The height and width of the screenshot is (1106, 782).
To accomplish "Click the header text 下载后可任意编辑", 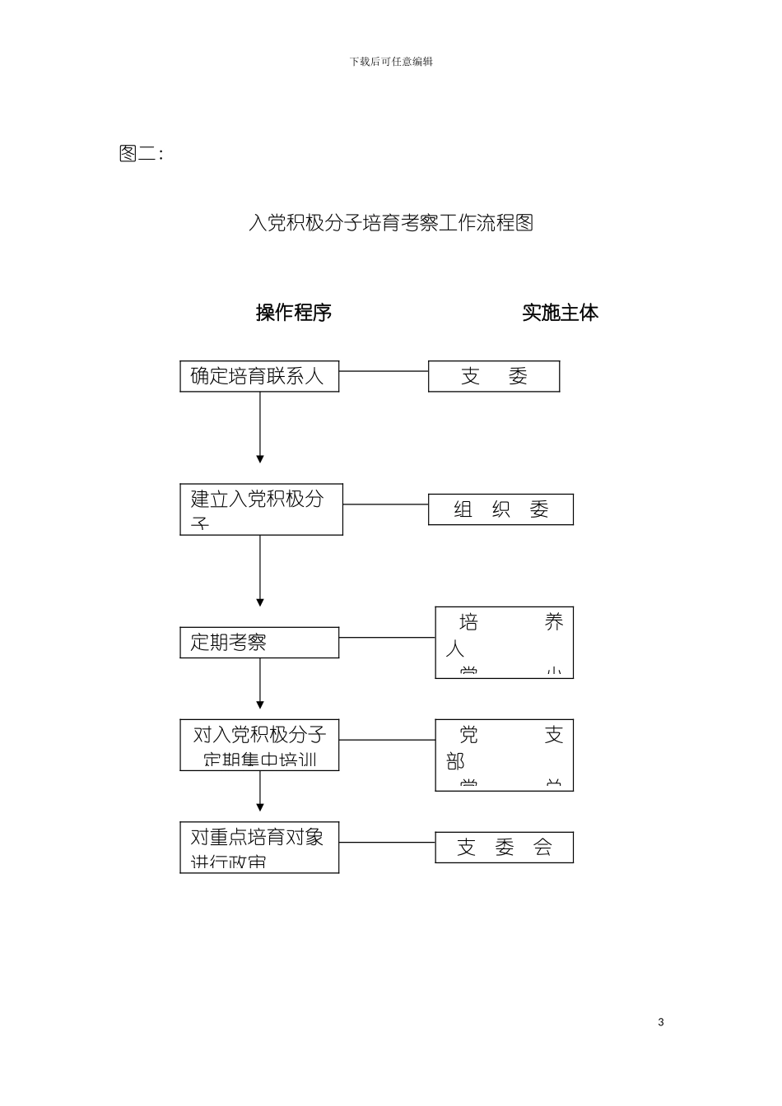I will click(x=391, y=62).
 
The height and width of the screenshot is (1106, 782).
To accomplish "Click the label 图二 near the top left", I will click(x=140, y=154).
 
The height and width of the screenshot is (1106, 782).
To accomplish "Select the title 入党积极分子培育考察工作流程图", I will click(x=391, y=223).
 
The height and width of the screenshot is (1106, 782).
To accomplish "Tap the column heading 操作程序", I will click(x=294, y=313).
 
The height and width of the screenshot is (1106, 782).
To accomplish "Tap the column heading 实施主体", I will click(x=560, y=313).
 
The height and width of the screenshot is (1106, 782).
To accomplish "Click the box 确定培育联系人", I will click(x=259, y=376).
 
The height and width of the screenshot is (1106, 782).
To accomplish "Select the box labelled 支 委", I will click(x=494, y=376).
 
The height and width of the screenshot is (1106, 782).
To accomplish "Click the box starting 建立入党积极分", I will click(x=261, y=509).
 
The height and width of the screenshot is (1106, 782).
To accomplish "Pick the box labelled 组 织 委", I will click(x=500, y=509).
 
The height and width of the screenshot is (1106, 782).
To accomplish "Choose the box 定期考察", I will click(x=259, y=643).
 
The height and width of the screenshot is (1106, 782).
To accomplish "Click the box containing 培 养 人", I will click(x=504, y=643).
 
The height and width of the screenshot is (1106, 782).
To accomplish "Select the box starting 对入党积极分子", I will click(x=259, y=746).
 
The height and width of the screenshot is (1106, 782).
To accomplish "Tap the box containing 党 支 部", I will click(x=504, y=755).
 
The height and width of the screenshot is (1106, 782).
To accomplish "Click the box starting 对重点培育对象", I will click(x=259, y=848).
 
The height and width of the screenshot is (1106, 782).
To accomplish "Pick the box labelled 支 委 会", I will click(x=504, y=848).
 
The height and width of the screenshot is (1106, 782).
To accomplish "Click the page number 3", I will click(x=661, y=1023).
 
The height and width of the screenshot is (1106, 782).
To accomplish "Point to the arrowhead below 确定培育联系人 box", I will click(x=260, y=458).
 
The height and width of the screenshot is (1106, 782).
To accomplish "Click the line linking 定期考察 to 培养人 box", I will click(x=387, y=637).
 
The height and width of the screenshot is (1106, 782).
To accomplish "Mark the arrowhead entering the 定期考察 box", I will click(x=260, y=602).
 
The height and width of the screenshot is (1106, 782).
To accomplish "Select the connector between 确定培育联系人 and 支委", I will click(x=384, y=371).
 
